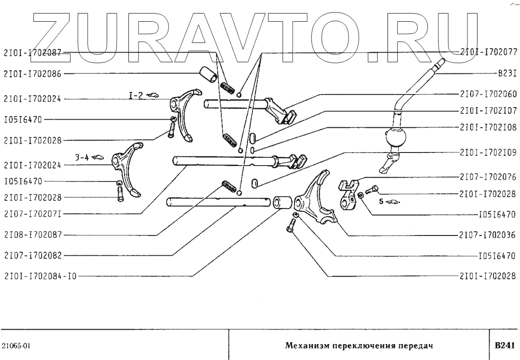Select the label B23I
[x=507, y=75]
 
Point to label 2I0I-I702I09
[x=488, y=152]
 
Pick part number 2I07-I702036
[x=488, y=236]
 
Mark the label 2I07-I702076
[x=488, y=177]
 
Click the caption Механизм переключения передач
[x=358, y=346]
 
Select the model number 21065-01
[x=17, y=346]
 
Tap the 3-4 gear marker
[x=81, y=157]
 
